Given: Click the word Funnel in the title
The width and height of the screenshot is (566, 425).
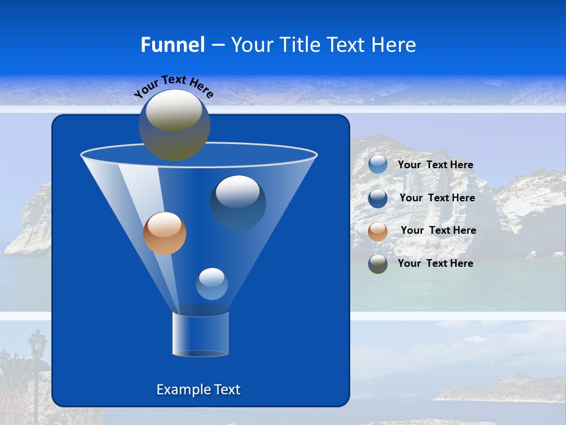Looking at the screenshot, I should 172,45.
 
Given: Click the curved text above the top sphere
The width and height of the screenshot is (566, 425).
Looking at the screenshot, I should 173,86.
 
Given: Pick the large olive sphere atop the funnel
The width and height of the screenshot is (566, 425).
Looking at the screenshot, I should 174,125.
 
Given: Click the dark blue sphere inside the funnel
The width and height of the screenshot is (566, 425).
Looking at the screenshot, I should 238,202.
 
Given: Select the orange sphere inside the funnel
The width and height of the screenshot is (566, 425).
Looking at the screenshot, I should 164,233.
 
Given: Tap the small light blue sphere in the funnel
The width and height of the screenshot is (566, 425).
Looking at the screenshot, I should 212,284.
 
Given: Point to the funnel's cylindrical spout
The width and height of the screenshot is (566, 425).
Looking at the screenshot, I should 200,334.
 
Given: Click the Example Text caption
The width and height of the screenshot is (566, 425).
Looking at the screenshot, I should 198,390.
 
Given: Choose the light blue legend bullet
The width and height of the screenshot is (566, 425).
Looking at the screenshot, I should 378,165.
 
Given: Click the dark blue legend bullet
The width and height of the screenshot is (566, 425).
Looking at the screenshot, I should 378,198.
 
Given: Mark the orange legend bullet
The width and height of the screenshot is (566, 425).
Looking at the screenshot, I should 378,231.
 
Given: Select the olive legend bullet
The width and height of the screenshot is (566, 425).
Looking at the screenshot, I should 378,263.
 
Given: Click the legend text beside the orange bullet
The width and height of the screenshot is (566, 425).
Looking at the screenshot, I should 438,230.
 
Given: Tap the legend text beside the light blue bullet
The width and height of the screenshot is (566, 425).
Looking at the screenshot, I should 435,165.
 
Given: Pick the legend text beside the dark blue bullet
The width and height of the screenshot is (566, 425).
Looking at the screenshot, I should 437,198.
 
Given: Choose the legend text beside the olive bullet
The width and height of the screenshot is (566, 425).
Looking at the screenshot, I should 435,263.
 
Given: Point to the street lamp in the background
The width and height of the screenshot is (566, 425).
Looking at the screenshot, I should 38,348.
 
